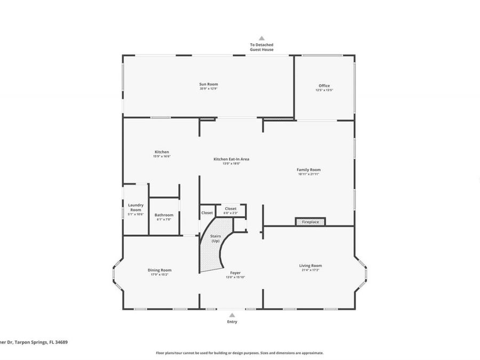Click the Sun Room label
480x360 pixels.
[209, 84]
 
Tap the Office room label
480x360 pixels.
[324, 86]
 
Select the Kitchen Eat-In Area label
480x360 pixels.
[231, 159]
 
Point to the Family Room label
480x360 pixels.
[309, 170]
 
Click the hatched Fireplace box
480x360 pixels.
[310, 221]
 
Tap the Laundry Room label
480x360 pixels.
[135, 207]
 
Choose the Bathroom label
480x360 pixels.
[164, 215]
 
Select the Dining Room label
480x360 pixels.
[159, 270]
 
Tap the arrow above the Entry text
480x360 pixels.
[232, 315]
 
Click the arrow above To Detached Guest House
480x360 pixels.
[261, 38]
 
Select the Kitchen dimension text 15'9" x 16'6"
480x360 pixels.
[162, 156]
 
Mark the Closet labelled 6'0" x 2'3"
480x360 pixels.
[231, 210]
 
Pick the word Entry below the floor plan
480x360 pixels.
[232, 322]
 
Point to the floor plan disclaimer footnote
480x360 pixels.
[239, 353]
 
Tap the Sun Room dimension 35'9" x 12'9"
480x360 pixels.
[209, 89]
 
